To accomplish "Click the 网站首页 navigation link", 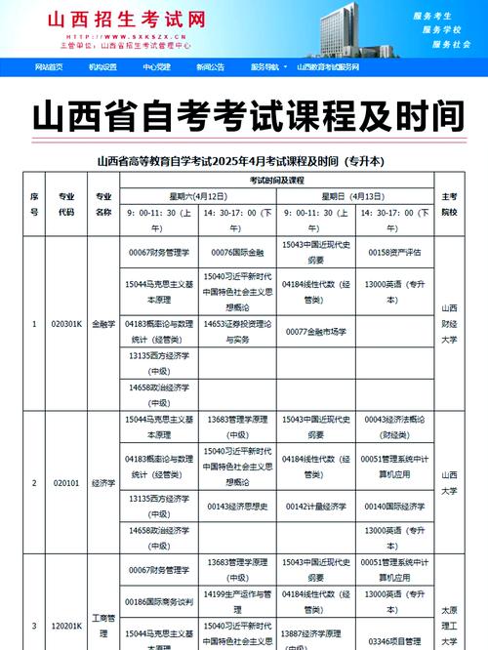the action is [x=49, y=67].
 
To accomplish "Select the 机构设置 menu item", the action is [x=102, y=67].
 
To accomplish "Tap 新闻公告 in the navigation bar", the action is [x=209, y=67].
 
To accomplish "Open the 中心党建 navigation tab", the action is [x=156, y=67].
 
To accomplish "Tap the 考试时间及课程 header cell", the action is [x=276, y=181].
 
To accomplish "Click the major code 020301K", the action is [x=66, y=324].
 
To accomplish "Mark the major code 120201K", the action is [x=66, y=626].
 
